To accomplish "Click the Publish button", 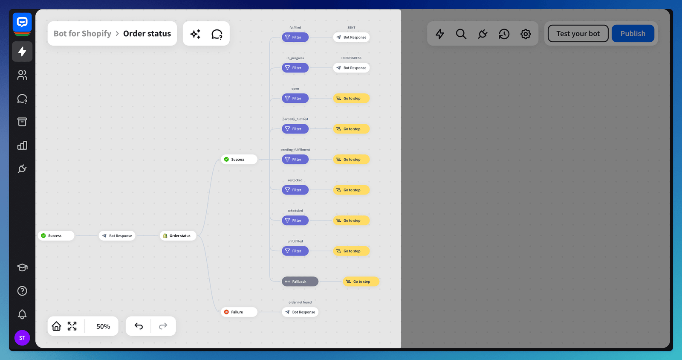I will pos(633,34).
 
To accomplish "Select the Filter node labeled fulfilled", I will pos(295,38).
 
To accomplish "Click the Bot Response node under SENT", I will pos(351,38).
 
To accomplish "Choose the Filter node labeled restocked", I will pos(295,190).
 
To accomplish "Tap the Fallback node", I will pos(300,282).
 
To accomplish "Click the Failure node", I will pos(239,312).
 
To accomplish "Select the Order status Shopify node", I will pos(178,236).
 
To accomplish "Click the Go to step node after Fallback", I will pos(361,282).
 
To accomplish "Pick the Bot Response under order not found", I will pos(300,312).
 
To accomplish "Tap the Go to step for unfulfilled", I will pos(351,251).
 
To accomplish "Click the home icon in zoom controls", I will pos(56,326).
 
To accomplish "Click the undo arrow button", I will pos(139,326).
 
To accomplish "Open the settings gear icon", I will pos(526,34).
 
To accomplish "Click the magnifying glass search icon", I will pos(461,34).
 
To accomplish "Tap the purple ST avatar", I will pos(22,338).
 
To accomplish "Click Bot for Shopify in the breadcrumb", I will pos(82,34).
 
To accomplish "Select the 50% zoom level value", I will pos(103,326).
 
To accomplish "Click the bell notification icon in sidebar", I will pos(22,314).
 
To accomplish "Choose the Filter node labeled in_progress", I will pos(295,68).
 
